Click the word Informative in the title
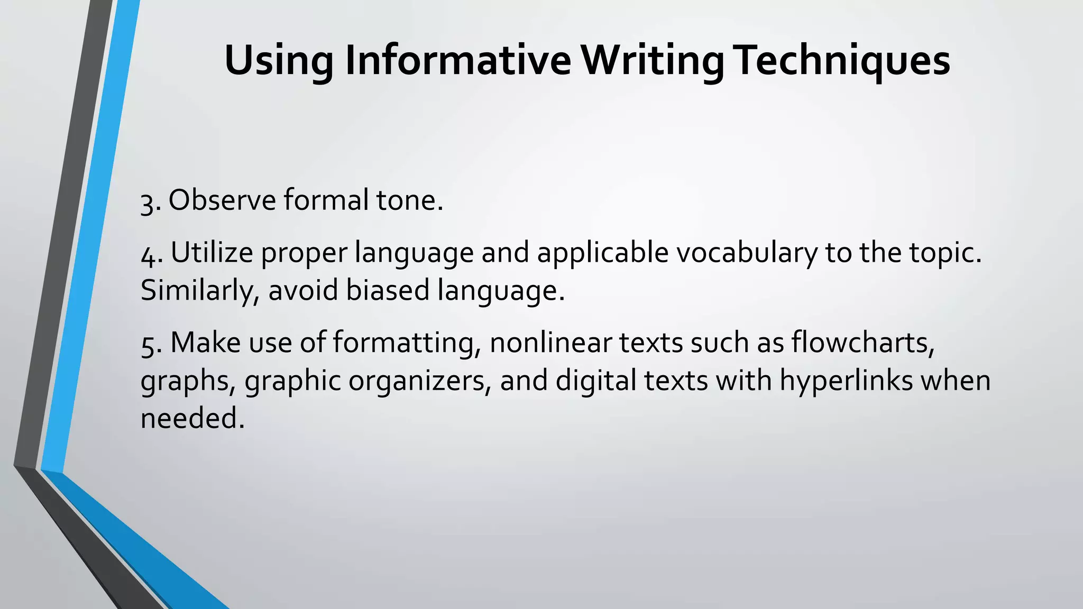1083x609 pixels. pos(458,60)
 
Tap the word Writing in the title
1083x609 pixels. pos(653,60)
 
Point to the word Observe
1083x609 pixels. pos(222,200)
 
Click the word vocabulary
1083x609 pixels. pos(747,253)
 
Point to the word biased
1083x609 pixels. pos(387,290)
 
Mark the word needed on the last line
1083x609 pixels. pos(192,418)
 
